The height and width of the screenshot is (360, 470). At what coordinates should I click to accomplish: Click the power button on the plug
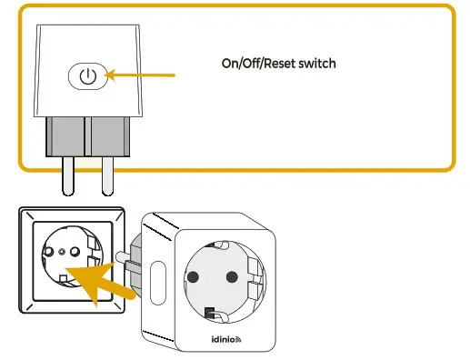point(86,75)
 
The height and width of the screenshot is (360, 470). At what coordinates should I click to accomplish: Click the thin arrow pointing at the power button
point(140,75)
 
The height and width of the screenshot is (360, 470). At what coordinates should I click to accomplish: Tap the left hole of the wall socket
point(48,251)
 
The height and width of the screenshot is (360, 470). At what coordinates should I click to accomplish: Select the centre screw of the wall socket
point(61,251)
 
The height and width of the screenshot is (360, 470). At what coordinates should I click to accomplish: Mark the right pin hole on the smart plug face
point(235,276)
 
